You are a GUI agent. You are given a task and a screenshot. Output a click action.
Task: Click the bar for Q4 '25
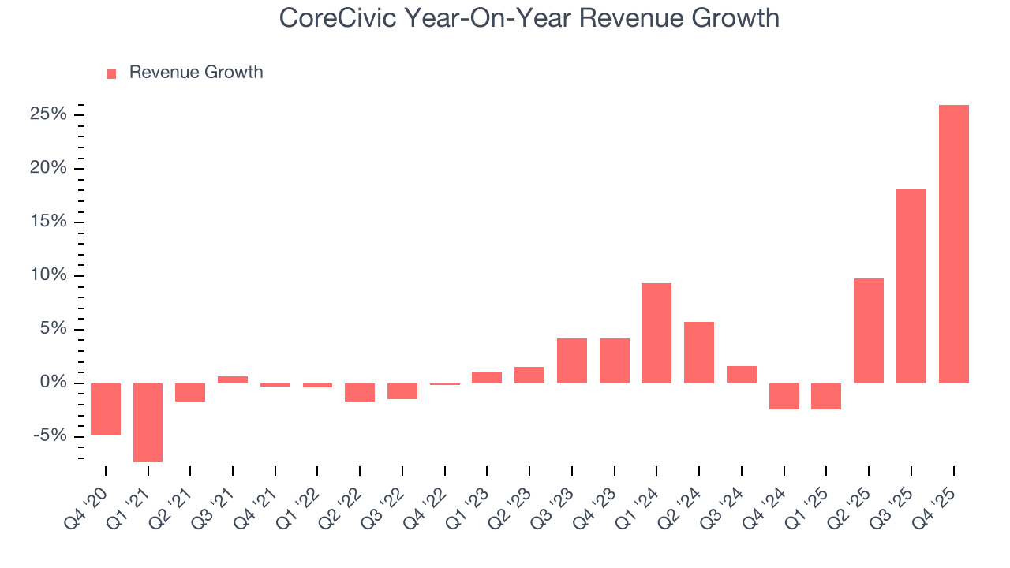coord(953,244)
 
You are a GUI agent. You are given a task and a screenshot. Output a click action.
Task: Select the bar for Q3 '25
coord(911,286)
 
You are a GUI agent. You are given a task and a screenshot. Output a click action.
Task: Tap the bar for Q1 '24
coord(656,333)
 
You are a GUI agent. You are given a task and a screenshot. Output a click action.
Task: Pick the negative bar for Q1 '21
coord(148,422)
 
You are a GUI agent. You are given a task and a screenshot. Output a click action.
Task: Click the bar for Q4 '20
coord(106,409)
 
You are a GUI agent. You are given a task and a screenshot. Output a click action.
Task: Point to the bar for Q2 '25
coord(869,331)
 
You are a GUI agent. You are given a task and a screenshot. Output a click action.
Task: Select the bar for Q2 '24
coord(699,352)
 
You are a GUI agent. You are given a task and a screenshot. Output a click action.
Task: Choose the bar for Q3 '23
coord(572,361)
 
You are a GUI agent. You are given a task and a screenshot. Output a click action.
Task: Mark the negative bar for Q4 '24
coord(784,396)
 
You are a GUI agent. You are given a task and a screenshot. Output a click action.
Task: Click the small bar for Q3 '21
coord(233,379)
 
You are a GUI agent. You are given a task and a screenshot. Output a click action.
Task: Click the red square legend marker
coord(111,73)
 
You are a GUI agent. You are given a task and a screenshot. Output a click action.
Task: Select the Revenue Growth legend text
coord(196,73)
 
